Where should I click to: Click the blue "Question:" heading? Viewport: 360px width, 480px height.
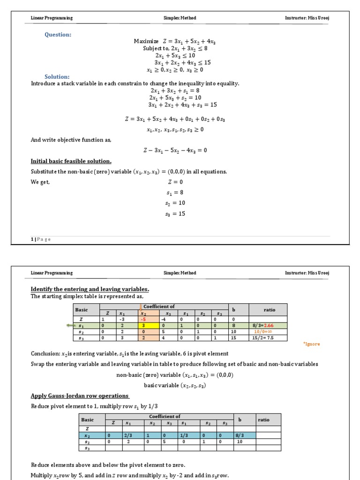[58, 34]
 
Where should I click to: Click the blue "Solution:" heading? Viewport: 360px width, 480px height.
[57, 76]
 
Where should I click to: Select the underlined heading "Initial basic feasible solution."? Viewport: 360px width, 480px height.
[71, 161]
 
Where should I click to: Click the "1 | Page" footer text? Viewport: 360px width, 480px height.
[41, 239]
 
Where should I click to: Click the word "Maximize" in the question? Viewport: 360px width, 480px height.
[146, 41]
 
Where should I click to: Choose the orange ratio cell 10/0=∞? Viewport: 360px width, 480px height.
[263, 331]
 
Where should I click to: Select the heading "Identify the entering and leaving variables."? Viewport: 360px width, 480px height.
[90, 289]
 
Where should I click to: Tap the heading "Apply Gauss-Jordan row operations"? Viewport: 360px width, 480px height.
[80, 396]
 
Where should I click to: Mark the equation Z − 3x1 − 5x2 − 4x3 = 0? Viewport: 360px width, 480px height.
[175, 150]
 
